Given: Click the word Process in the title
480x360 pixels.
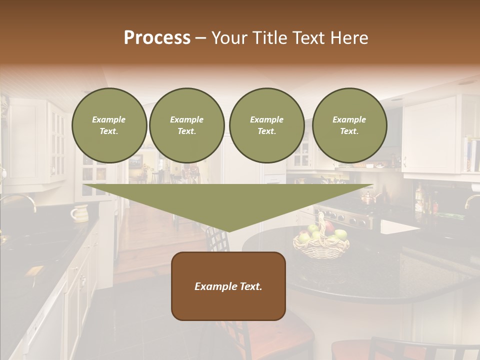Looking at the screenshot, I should (157, 38).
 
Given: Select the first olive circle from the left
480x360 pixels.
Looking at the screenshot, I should (109, 125).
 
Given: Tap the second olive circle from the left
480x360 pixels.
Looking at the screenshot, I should (186, 125).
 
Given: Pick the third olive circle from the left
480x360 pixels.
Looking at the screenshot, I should (266, 125).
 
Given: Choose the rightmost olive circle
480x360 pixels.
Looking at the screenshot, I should (349, 125).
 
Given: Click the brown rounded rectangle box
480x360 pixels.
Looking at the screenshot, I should (228, 286).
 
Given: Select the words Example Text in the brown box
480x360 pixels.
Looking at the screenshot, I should (228, 286).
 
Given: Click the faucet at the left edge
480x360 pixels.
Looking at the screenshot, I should (20, 200).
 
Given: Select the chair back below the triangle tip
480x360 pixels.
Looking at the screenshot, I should (218, 245).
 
